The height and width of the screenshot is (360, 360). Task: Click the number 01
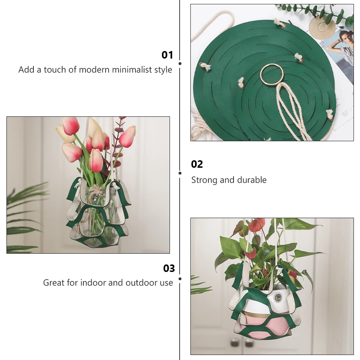coord(167,55)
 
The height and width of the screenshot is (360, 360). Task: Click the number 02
coord(197,164)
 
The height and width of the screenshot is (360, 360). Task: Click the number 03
coord(169,268)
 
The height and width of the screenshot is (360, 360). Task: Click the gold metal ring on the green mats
coord(272,74)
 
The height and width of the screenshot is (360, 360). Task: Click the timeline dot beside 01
coord(180,64)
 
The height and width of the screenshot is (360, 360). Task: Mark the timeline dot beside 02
coord(180,173)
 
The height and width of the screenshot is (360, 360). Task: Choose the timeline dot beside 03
coord(180,278)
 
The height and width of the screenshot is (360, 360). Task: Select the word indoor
coord(93,283)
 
